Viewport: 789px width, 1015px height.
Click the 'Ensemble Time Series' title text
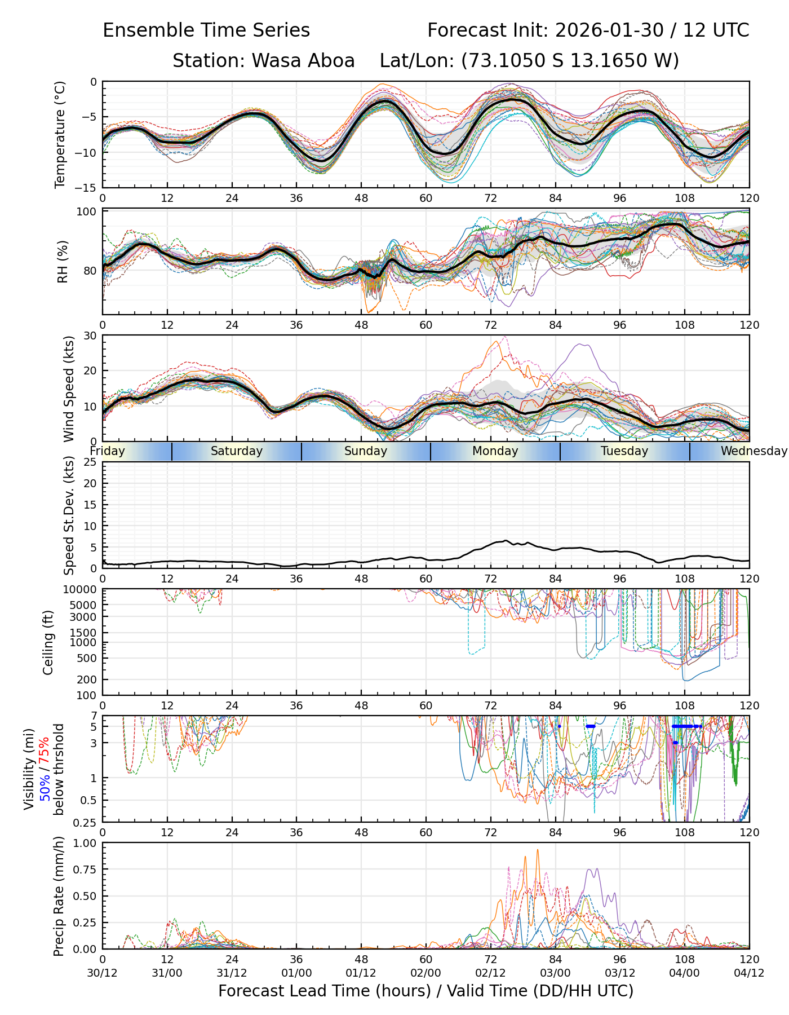click(206, 30)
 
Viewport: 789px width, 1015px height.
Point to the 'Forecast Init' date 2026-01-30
click(609, 30)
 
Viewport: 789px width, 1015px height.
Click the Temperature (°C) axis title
click(60, 134)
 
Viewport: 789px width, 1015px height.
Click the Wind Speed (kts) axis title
click(69, 389)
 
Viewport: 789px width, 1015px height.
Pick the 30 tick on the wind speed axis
click(90, 336)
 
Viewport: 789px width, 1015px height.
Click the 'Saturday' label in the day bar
click(237, 451)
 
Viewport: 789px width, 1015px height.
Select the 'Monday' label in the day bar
click(495, 451)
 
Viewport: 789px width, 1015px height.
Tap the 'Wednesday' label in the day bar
click(753, 451)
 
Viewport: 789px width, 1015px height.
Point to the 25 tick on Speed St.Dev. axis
click(90, 462)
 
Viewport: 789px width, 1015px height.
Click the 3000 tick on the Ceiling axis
click(84, 616)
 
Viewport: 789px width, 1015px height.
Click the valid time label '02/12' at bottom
click(490, 973)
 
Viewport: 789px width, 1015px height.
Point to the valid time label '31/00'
click(167, 973)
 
